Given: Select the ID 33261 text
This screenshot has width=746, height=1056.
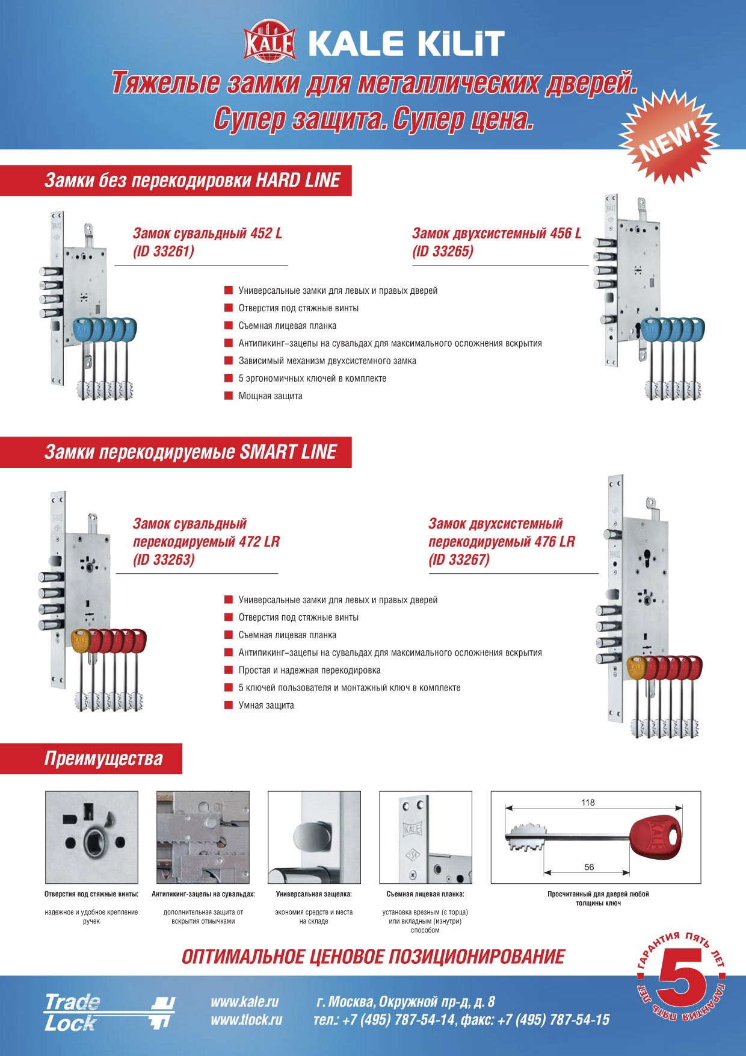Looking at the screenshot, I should [164, 252].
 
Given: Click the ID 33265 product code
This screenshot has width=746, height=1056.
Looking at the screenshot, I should [443, 252].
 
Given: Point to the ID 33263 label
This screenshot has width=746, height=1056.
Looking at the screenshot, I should [164, 560].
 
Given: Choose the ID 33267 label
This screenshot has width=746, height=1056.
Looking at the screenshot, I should [459, 560].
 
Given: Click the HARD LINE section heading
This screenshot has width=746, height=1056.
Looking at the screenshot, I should [193, 181].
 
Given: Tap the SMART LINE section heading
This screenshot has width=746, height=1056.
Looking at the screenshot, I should [190, 452].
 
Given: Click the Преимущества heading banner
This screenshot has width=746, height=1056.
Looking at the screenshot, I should [103, 759].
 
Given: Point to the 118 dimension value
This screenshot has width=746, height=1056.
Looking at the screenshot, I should [588, 803].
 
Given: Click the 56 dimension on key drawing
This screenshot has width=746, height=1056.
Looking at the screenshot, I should [589, 868].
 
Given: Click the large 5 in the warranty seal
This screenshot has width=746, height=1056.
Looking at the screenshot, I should [682, 979].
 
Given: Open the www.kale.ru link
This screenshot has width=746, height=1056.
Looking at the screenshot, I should [244, 1002].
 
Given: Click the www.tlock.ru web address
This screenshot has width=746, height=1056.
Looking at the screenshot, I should [246, 1020].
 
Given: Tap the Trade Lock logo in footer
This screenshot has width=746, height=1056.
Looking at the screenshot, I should [108, 1012].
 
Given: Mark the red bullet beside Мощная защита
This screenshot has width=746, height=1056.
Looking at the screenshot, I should [229, 396].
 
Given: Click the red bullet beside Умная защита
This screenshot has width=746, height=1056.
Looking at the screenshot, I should [229, 705].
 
